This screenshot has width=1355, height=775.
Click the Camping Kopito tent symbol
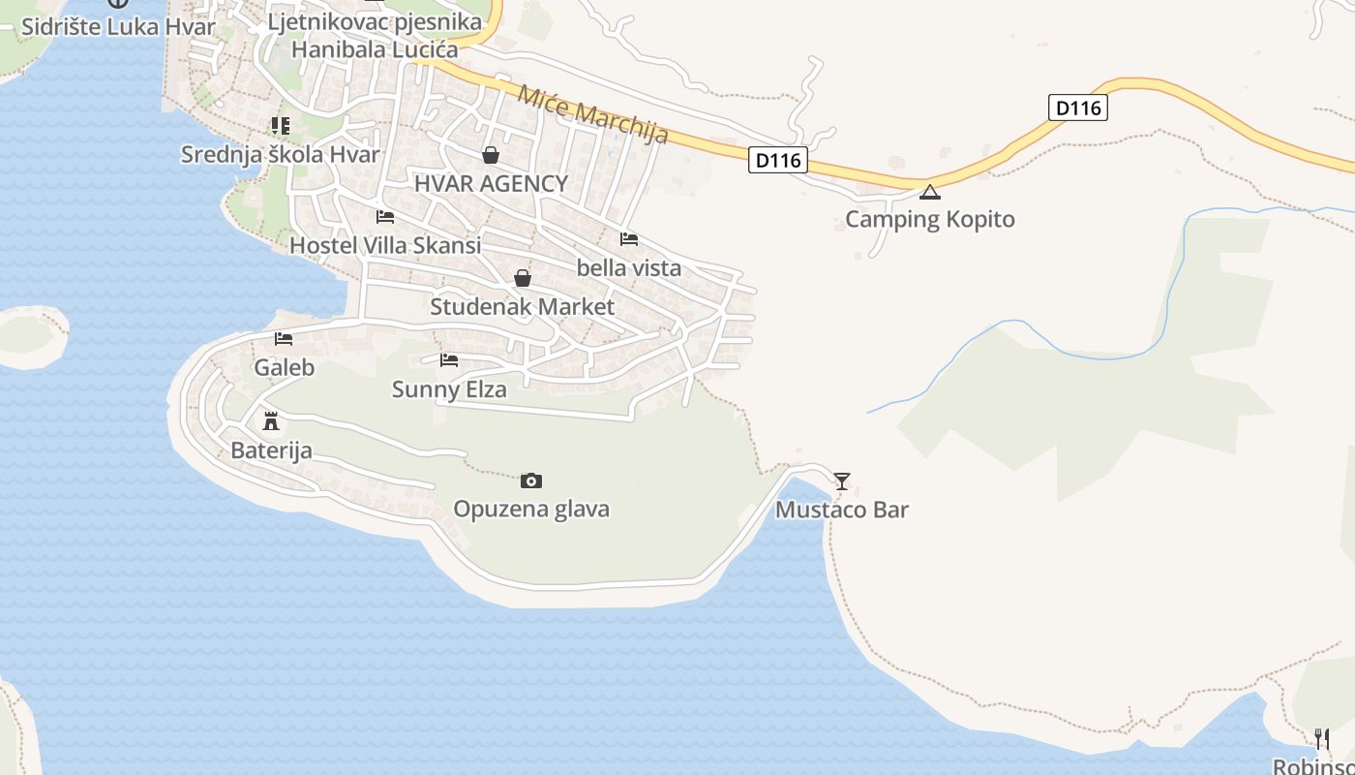(x=930, y=192)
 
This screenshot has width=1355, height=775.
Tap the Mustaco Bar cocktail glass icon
(x=842, y=480)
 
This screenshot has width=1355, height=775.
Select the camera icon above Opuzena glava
(x=531, y=480)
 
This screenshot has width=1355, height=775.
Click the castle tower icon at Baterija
(x=271, y=421)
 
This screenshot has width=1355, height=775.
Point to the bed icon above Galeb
(x=284, y=338)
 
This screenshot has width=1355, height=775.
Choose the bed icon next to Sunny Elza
(x=449, y=360)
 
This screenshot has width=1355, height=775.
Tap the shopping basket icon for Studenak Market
(x=523, y=278)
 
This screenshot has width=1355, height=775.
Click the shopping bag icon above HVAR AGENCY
(x=491, y=155)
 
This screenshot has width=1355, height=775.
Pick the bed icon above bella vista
(x=629, y=238)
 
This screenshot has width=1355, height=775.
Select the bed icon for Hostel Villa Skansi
(x=385, y=216)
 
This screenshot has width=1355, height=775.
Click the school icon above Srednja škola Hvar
(x=281, y=125)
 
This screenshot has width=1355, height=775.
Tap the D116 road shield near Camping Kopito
(x=1077, y=108)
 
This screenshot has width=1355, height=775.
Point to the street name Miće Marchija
(x=593, y=115)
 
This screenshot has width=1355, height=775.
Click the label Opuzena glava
(x=531, y=510)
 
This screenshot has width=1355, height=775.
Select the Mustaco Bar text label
(x=842, y=510)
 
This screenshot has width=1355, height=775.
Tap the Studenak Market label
(x=522, y=307)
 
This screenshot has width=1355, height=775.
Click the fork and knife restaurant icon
(x=1321, y=739)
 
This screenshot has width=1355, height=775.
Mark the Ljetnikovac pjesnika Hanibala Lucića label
(x=375, y=35)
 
